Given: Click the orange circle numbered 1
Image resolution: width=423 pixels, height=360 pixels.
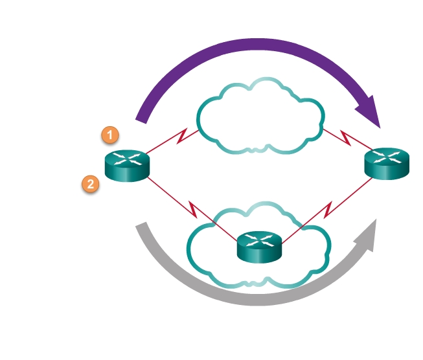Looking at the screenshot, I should [110, 135].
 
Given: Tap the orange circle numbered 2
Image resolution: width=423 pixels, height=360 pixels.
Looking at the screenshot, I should [91, 185].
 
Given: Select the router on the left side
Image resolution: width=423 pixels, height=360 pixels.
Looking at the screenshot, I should [126, 165].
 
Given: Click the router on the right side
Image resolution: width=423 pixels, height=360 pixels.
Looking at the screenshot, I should [387, 163].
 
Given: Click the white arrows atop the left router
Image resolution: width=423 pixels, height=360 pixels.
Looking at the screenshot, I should [126, 159].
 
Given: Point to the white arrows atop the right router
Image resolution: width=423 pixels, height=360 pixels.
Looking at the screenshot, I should [387, 157].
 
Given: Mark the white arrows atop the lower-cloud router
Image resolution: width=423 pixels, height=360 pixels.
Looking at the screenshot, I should [259, 242].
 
